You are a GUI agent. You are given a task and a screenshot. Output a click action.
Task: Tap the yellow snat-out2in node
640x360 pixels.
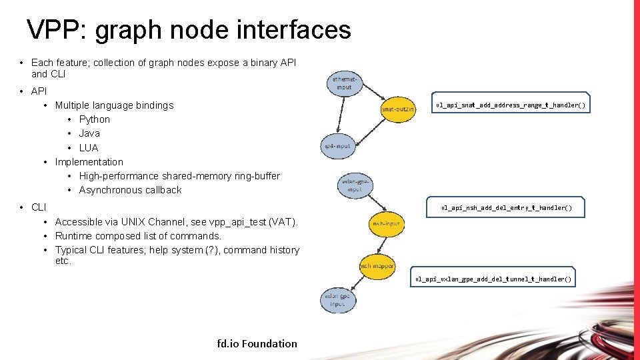398,108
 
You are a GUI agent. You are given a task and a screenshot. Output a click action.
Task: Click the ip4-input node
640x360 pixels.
338,146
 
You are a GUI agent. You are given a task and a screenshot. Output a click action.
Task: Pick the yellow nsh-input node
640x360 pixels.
386,224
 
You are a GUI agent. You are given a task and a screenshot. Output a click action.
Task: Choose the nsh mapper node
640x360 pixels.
377,265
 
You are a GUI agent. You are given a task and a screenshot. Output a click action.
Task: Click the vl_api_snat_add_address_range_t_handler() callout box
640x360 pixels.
511,105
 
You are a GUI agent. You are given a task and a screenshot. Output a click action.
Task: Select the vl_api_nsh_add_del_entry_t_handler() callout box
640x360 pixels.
507,208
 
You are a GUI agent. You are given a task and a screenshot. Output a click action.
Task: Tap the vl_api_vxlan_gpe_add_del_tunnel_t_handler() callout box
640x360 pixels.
493,279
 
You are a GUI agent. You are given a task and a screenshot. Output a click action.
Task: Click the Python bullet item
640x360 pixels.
94,119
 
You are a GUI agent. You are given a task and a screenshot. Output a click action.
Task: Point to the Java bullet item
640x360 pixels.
89,133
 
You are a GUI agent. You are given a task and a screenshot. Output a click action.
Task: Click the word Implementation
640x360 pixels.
89,162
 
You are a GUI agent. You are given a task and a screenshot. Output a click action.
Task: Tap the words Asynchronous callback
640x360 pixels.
130,190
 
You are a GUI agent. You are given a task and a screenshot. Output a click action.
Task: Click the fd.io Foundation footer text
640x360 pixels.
257,343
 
